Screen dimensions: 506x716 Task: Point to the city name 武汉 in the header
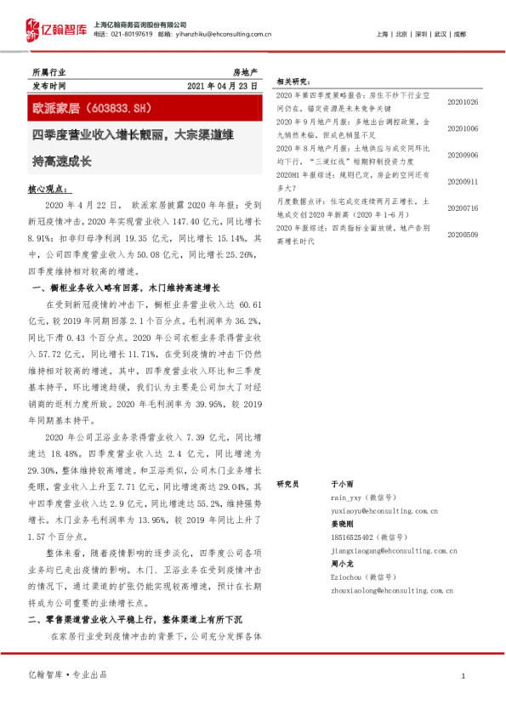pos(440,34)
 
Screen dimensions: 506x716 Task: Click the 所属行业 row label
pos(48,73)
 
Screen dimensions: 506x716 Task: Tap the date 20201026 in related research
pos(463,102)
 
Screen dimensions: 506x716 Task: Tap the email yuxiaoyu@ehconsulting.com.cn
pos(384,512)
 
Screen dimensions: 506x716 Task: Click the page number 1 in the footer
pos(462,676)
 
